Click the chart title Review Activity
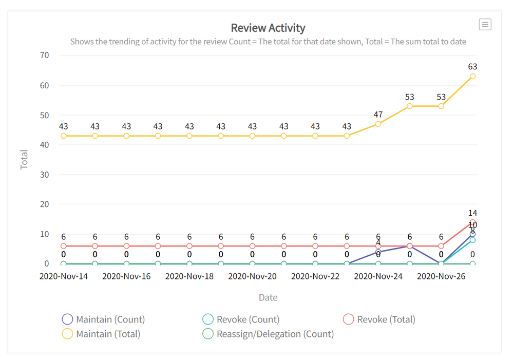268,28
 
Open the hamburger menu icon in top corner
485,24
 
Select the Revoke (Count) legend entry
241,319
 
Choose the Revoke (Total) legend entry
379,319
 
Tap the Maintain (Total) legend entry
101,334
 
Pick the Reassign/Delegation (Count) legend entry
268,334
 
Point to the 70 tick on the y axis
44,55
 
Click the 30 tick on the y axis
44,175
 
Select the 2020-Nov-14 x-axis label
64,276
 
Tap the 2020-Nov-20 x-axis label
252,276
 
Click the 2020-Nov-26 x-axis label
441,276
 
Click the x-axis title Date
268,297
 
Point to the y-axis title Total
24,160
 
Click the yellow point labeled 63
472,76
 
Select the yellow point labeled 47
378,124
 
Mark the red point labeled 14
472,222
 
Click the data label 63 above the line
472,67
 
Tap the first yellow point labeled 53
409,106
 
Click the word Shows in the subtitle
82,42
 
